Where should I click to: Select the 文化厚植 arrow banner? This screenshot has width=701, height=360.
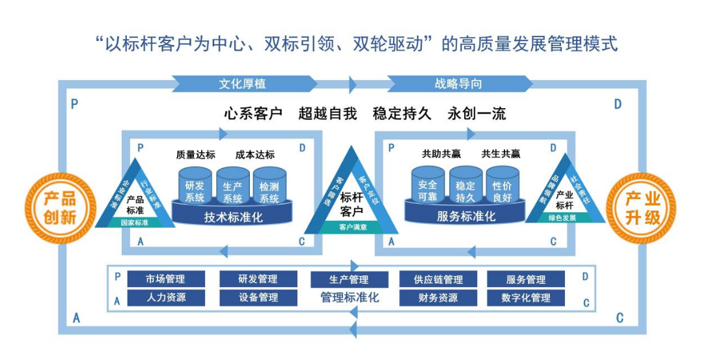[242, 84]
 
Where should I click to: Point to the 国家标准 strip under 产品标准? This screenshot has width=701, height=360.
[135, 222]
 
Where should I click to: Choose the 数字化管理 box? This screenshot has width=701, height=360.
[526, 298]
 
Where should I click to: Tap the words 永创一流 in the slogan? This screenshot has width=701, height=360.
[477, 113]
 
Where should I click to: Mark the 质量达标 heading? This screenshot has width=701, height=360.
[194, 155]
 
